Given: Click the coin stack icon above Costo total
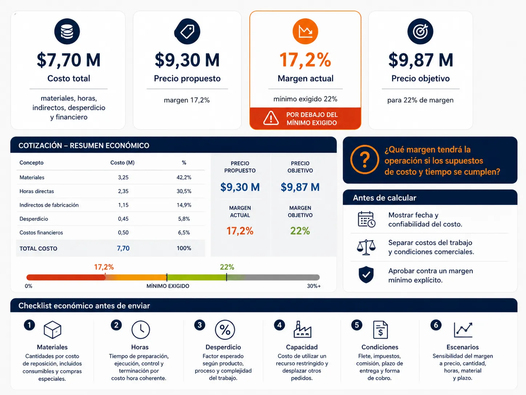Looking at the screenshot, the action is coord(67,31).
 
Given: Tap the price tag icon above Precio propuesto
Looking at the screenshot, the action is coord(187,31).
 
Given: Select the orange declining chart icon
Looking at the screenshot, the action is coord(305,31).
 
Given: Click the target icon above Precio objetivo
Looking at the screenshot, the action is coord(420,31).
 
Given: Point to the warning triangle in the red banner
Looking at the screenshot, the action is coord(271,118).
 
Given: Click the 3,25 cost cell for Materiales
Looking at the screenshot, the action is coord(123,177).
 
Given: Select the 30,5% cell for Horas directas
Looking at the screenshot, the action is coord(184,191).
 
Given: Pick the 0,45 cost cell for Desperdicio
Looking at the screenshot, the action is coord(123,219).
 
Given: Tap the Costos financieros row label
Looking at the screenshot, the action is coord(41,232).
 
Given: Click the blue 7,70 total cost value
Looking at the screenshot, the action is coord(123,248).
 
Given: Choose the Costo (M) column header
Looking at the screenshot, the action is coord(122,163).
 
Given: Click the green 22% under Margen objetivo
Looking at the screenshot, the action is coord(300,231).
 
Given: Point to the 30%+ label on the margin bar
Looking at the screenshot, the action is coord(314,286).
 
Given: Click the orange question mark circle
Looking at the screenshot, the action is coord(364,159).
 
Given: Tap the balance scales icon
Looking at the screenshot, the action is coord(366,247).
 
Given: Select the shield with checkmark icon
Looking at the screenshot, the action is coord(366,275).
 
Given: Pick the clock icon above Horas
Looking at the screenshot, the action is coord(141,330).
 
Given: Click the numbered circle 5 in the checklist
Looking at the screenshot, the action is coord(357,325).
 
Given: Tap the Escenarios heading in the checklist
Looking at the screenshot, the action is coord(462,347).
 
